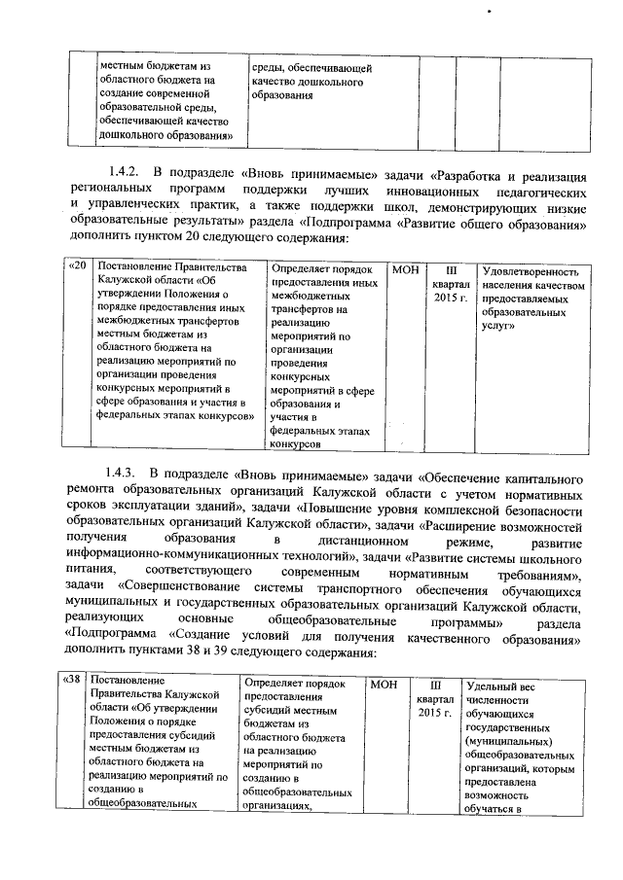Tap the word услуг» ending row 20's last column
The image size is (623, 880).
(x=499, y=331)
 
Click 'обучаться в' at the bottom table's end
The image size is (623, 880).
(x=495, y=803)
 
